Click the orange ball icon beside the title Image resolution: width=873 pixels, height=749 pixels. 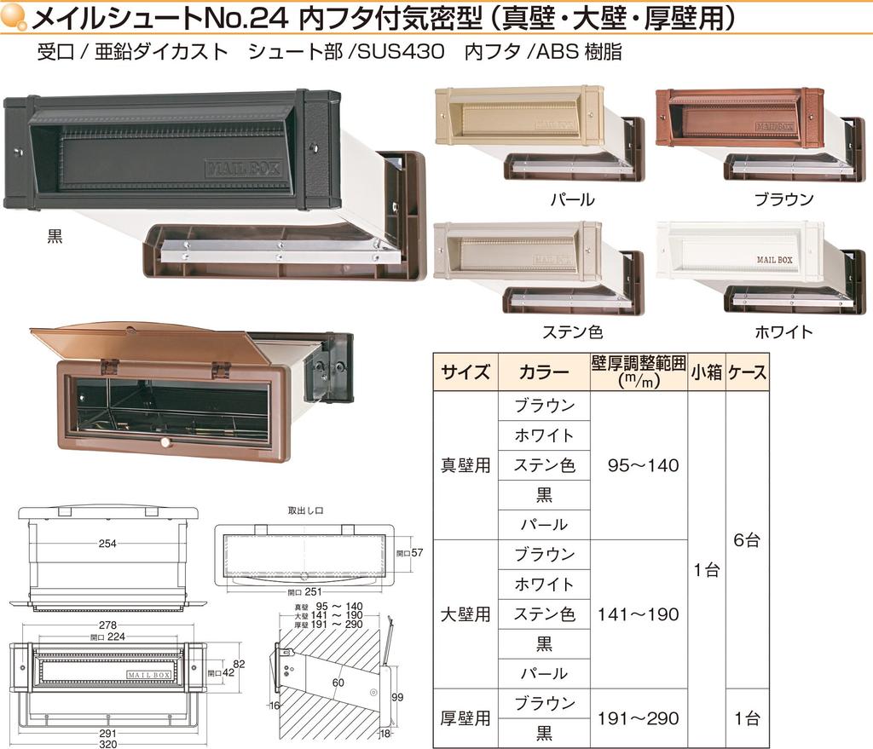coord(14,17)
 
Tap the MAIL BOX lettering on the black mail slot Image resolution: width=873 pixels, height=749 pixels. coord(243,168)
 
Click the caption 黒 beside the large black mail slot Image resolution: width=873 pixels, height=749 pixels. coord(55,237)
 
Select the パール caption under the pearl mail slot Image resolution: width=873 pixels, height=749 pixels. coord(572,199)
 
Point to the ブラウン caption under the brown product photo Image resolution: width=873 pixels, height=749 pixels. coord(784,199)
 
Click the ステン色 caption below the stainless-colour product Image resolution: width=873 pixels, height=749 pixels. coord(572,332)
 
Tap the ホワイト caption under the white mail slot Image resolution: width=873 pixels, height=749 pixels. coord(784,332)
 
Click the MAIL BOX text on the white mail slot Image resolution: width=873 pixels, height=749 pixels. coord(774,260)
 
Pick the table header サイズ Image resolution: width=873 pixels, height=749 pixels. coord(465,372)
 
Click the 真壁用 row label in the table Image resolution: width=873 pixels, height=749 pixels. coord(465,464)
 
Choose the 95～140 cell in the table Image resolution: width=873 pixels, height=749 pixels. coord(643,465)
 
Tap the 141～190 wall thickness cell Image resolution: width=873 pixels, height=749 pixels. coord(639,614)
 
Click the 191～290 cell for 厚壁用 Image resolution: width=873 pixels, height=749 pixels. coord(639,718)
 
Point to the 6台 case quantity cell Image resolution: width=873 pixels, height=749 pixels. coord(747,539)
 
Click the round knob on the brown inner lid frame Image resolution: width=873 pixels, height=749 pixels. coord(165,443)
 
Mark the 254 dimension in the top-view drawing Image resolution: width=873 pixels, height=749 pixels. coord(107,543)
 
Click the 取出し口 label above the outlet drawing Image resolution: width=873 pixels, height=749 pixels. coord(306,510)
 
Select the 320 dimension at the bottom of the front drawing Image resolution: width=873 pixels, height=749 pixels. coord(108,744)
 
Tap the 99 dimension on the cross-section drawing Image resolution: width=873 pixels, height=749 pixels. coord(397,697)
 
